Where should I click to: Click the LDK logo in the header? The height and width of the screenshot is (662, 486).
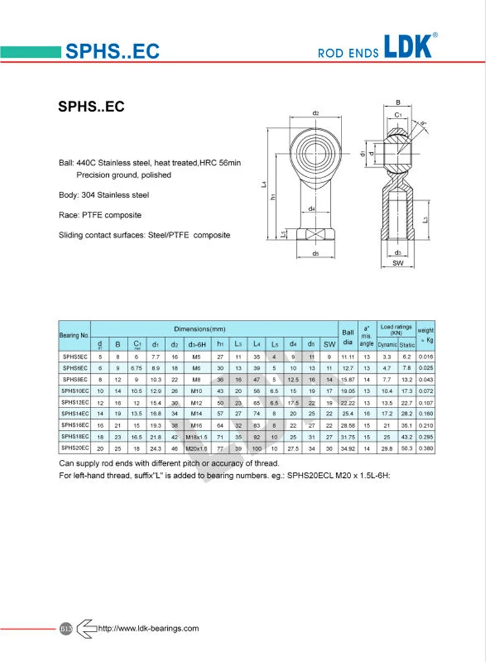pyautogui.click(x=410, y=47)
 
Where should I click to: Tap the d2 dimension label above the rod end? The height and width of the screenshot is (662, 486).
pyautogui.click(x=316, y=114)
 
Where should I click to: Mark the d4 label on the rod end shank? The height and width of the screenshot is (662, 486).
pyautogui.click(x=312, y=209)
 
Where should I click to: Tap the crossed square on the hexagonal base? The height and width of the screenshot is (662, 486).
pyautogui.click(x=315, y=234)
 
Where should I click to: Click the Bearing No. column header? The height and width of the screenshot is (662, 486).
pyautogui.click(x=74, y=336)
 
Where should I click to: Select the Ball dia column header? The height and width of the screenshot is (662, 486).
pyautogui.click(x=348, y=336)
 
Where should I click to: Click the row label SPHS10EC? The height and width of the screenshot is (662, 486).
pyautogui.click(x=74, y=391)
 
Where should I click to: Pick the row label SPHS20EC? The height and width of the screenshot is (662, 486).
pyautogui.click(x=74, y=448)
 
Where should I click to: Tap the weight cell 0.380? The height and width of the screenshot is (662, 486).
pyautogui.click(x=426, y=448)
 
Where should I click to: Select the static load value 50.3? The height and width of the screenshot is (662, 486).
pyautogui.click(x=407, y=448)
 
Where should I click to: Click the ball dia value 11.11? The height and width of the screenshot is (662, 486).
pyautogui.click(x=348, y=357)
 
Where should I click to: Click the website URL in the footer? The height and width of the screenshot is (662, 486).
pyautogui.click(x=148, y=628)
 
